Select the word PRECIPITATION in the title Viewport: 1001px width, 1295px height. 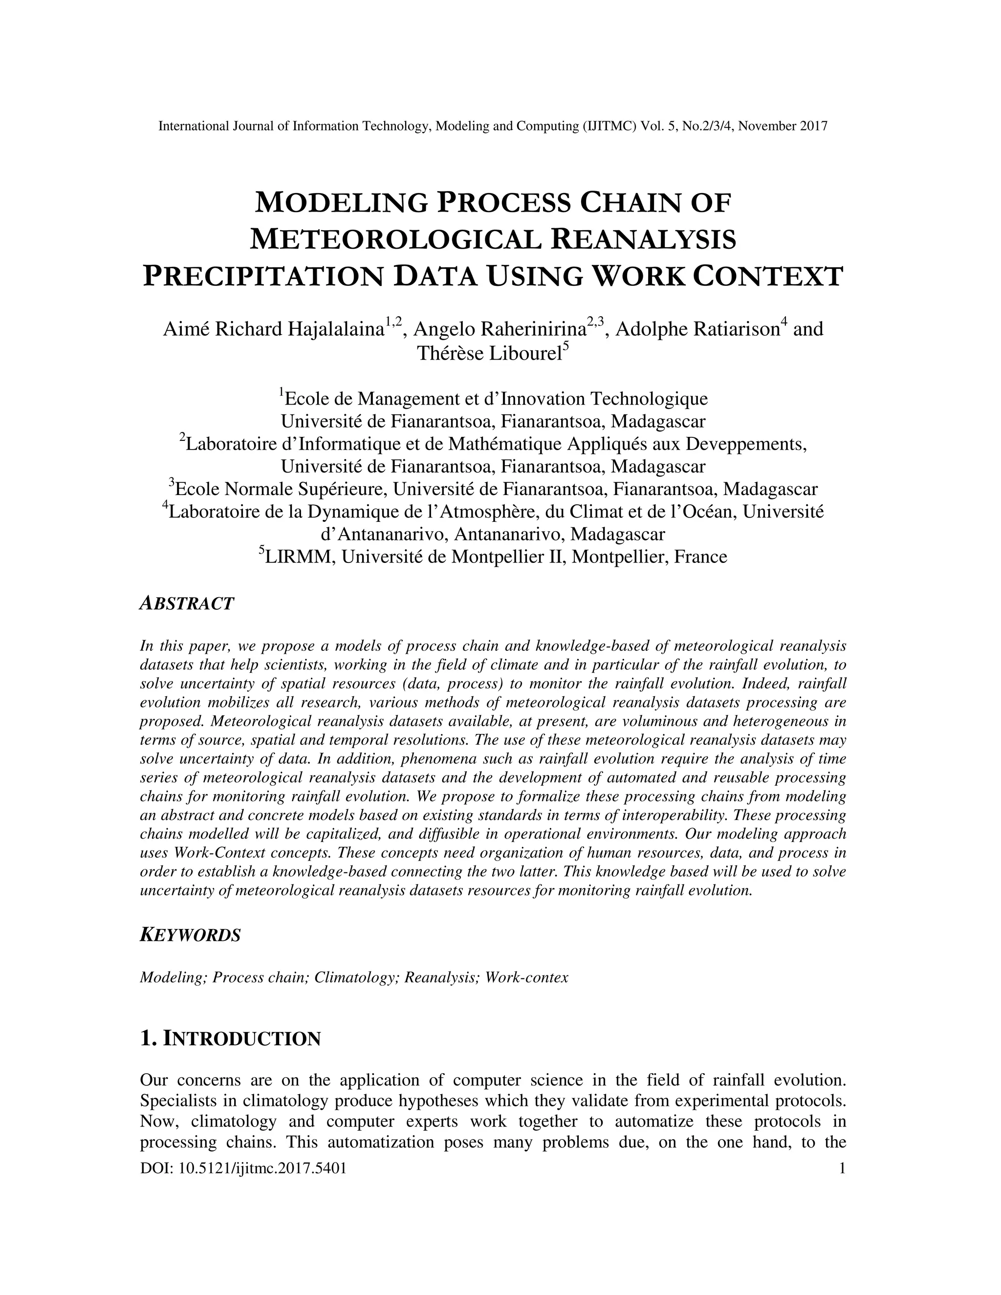pyautogui.click(x=262, y=277)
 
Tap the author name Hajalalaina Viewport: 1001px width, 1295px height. pyautogui.click(x=335, y=329)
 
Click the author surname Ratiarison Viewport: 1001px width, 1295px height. pyautogui.click(x=697, y=329)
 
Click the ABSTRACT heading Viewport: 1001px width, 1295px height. pyautogui.click(x=187, y=604)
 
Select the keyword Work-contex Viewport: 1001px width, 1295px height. pyautogui.click(x=526, y=978)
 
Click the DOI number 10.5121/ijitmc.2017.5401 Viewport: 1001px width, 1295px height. pyautogui.click(x=262, y=1169)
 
